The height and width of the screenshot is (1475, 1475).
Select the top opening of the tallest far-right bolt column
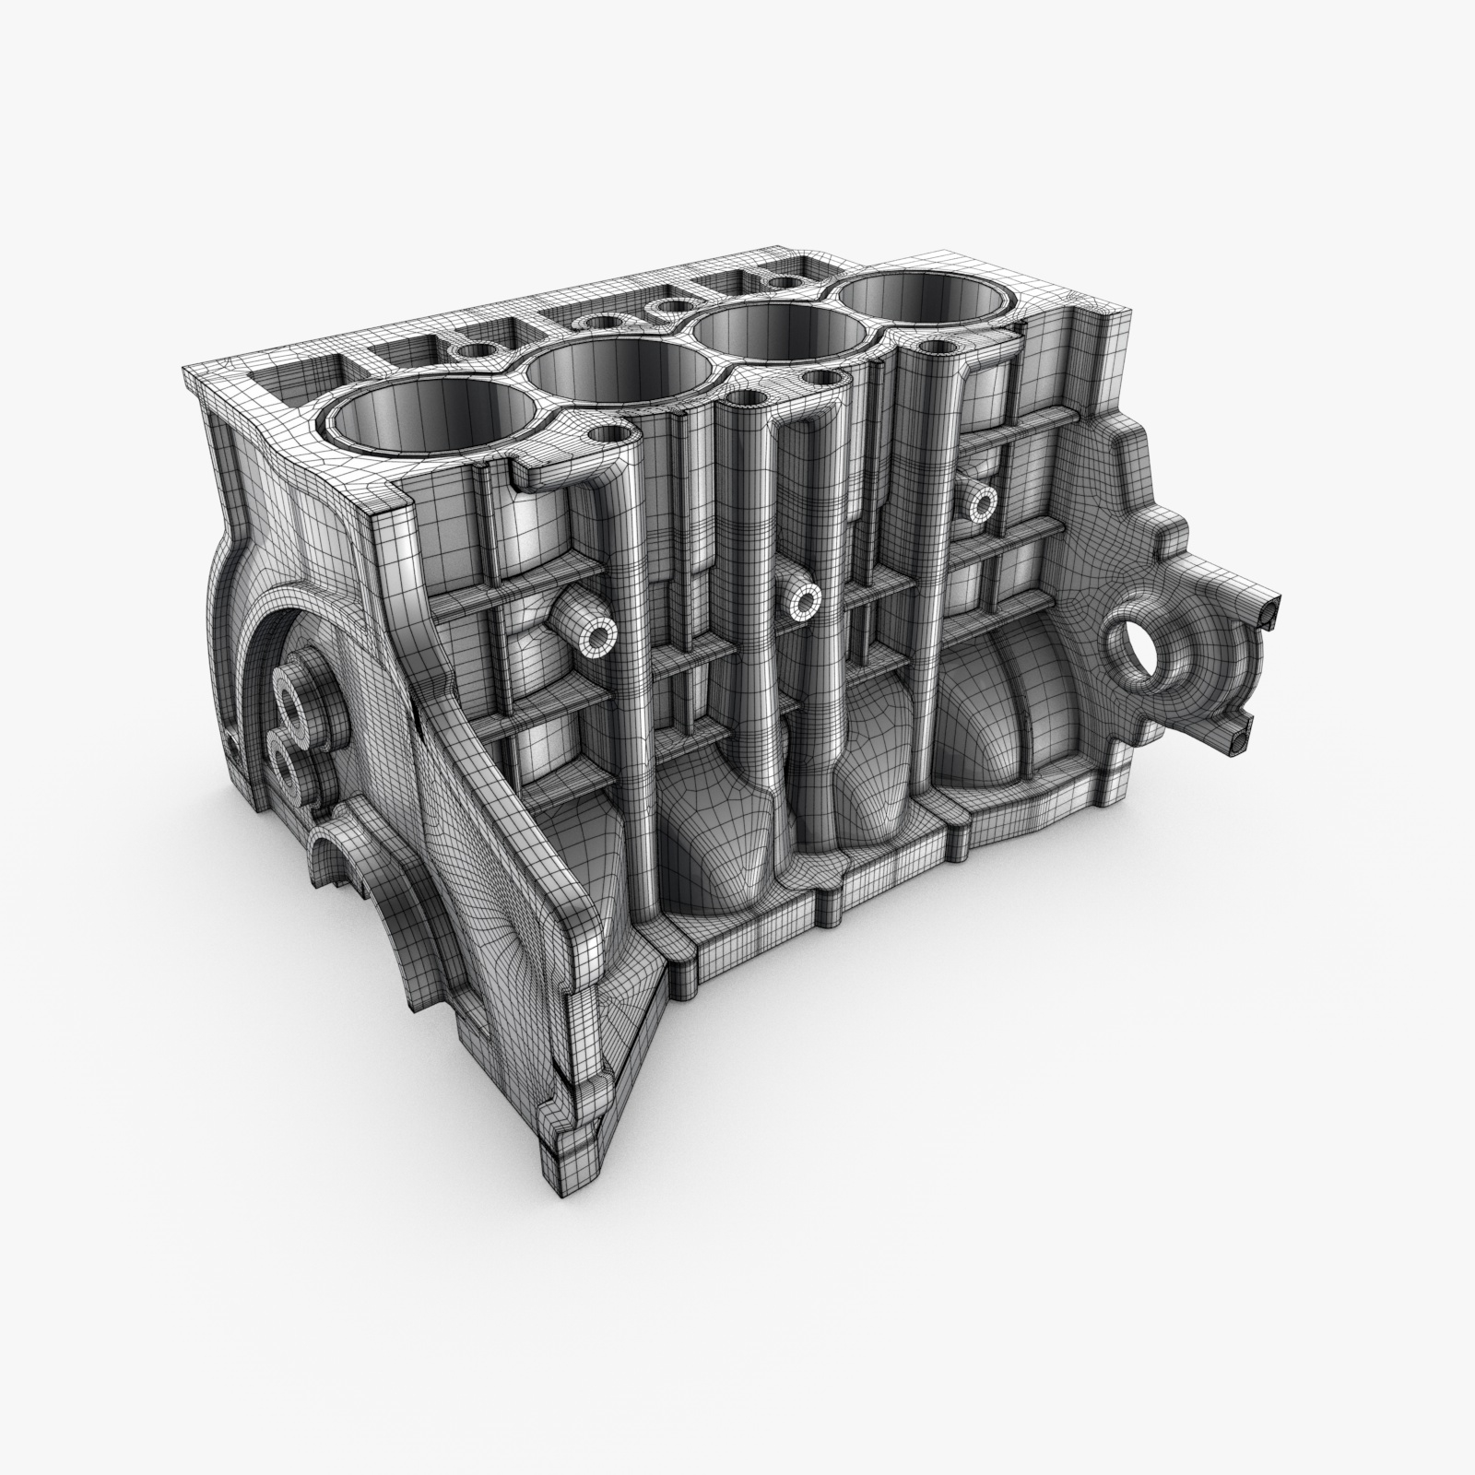pyautogui.click(x=937, y=348)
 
